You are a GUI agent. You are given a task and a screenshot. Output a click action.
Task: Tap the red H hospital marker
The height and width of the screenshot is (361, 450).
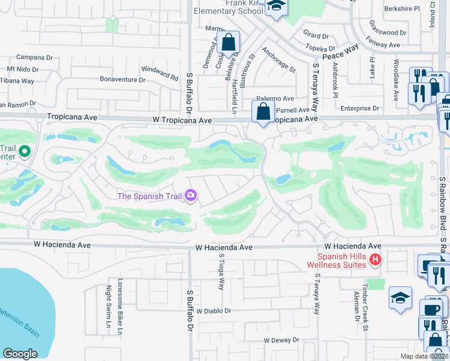click(375, 259)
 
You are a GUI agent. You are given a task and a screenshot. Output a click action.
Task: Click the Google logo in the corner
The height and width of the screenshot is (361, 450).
click(20, 354)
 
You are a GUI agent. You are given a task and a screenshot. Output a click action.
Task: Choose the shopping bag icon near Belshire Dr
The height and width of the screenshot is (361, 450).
click(229, 42)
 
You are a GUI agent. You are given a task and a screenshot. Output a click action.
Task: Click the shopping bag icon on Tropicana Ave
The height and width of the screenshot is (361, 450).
click(263, 111)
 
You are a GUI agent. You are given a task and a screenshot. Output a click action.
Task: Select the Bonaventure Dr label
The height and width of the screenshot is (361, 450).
click(123, 79)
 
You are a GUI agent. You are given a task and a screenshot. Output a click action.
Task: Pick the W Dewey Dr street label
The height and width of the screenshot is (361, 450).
click(284, 340)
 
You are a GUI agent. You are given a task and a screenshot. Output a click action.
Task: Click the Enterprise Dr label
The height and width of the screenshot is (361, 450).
click(360, 108)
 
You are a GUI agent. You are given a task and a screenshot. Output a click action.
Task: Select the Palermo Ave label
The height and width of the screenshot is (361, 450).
click(275, 98)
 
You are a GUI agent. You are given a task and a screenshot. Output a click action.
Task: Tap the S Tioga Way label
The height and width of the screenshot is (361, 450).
click(221, 271)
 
